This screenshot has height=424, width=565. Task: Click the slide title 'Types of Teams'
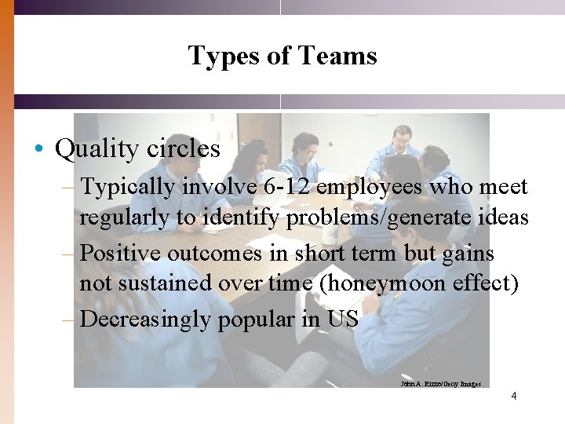click(282, 56)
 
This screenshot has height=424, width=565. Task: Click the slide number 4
click(513, 396)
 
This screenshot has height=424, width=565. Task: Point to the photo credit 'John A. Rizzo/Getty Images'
click(440, 384)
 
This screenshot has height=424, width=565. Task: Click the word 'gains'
click(468, 253)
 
